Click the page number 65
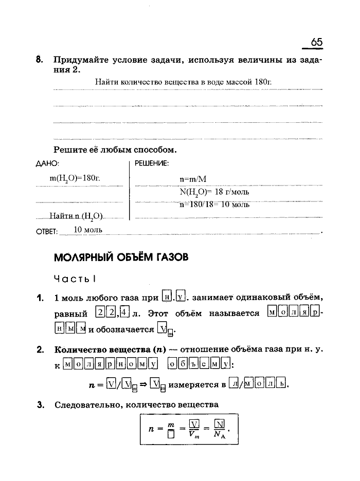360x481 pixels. pos(316,43)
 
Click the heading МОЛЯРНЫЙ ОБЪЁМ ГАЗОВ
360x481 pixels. pos(121,257)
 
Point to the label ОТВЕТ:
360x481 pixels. pos(47,231)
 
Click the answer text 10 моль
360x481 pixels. pos(88,229)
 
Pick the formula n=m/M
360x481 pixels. pos(193,180)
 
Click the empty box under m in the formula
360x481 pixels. pos(171,437)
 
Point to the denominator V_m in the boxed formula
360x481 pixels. pos(194,437)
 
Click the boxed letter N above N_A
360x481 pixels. pos(219,424)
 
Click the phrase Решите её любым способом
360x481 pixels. pos(115,150)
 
